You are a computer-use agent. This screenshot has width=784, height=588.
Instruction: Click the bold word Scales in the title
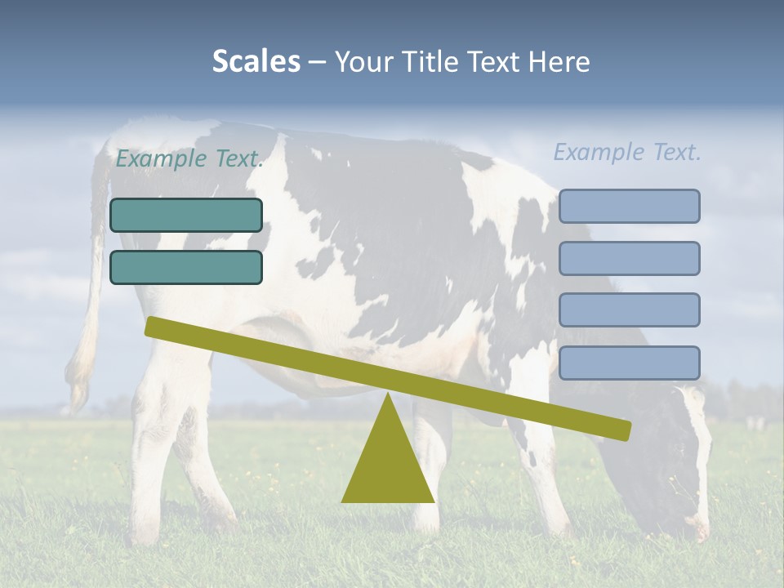256,62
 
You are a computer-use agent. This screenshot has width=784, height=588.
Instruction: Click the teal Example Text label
189,158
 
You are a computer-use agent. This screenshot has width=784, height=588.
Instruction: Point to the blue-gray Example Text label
627,152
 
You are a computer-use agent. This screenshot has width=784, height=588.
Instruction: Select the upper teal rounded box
186,215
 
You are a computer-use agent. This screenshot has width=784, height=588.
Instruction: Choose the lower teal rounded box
186,267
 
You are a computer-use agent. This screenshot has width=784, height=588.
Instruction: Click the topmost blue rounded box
629,206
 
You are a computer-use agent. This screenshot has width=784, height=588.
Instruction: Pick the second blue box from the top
629,258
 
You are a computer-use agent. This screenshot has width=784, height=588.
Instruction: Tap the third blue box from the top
629,310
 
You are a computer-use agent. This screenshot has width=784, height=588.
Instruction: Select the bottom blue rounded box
629,363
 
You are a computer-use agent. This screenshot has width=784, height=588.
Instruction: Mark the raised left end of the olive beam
155,327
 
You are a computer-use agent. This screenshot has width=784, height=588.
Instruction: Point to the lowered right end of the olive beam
621,430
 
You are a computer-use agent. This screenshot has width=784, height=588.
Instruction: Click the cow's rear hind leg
155,457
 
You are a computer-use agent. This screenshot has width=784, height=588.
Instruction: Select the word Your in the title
364,62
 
